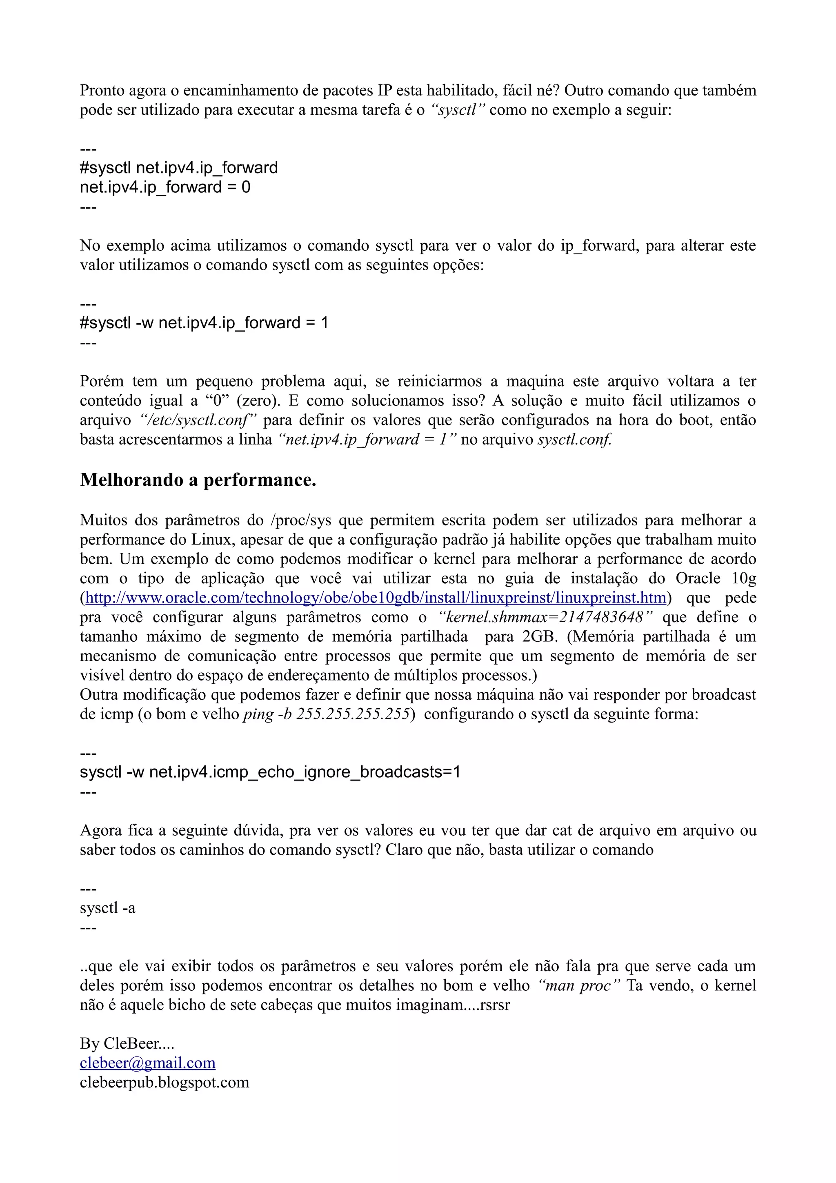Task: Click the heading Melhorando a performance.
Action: [198, 480]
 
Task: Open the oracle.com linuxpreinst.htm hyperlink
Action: [376, 598]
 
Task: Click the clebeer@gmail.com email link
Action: [147, 1063]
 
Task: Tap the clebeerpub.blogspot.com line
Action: [165, 1082]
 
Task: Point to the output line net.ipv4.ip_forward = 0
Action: [165, 187]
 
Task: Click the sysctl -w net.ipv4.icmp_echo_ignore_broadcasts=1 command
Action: [270, 772]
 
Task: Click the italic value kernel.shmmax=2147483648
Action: [545, 617]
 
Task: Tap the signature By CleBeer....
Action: [127, 1043]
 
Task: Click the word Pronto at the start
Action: [102, 91]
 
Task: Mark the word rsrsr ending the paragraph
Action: [494, 1005]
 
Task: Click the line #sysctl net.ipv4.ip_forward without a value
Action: [179, 168]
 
